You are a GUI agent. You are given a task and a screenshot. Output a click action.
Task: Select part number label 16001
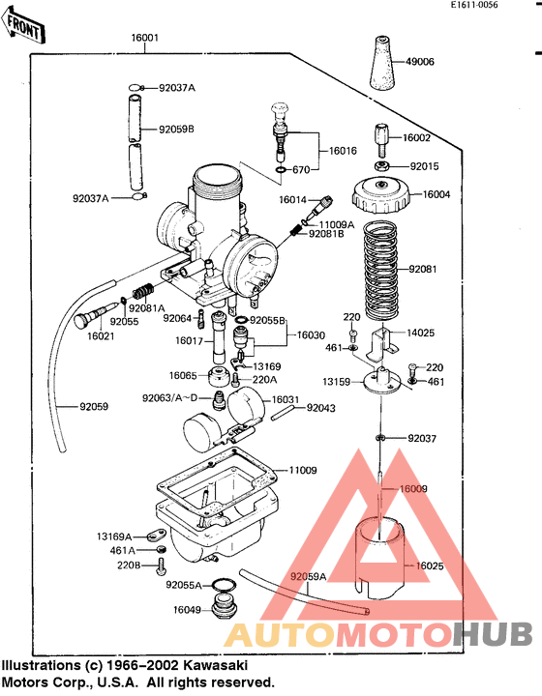(144, 39)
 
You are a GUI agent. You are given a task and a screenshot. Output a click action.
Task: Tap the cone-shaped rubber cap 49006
(383, 64)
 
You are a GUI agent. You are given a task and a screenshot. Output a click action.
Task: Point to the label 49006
(420, 62)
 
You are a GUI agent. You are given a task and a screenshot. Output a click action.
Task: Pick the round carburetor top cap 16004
(382, 196)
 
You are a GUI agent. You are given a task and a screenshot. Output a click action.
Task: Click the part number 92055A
(184, 585)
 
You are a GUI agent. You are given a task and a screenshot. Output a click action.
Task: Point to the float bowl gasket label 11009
(303, 471)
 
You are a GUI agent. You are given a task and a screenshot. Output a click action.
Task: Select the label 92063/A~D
(169, 397)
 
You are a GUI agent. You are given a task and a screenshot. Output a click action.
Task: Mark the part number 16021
(101, 336)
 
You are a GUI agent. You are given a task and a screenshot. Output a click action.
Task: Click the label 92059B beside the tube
(177, 128)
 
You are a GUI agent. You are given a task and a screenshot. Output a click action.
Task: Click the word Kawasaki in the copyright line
(215, 666)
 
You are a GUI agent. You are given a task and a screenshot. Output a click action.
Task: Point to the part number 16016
(344, 151)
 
